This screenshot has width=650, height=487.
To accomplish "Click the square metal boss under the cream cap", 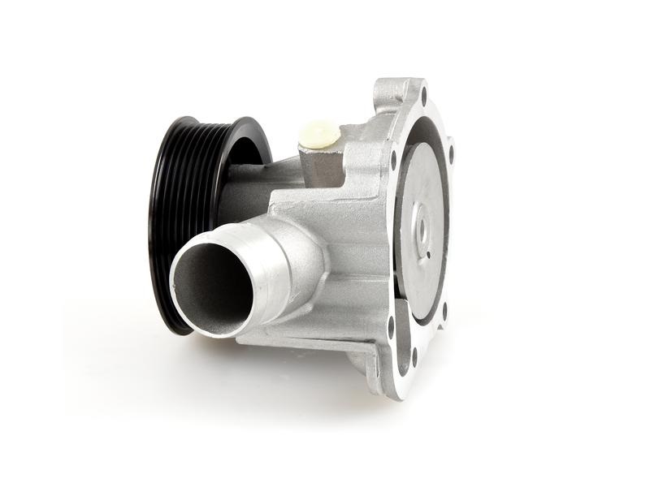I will (x=323, y=162).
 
